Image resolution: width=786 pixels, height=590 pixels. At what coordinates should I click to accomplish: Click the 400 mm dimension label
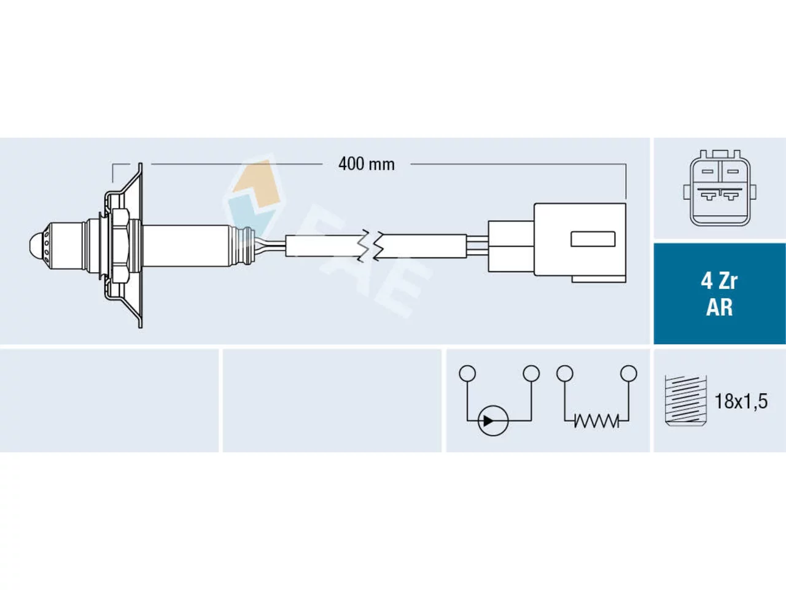(367, 165)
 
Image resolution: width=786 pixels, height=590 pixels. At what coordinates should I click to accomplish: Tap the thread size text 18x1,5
(741, 401)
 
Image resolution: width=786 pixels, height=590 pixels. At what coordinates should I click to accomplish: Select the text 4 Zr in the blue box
(720, 281)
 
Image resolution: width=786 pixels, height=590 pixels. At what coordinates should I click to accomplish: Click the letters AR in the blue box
(720, 307)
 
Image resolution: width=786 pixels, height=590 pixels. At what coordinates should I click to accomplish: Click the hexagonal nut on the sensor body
(120, 246)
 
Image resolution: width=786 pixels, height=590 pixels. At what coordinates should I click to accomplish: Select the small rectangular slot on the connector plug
(593, 239)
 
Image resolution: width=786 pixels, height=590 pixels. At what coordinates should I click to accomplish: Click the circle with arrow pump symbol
(493, 420)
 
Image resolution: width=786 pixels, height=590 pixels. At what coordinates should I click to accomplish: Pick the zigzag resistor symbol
(596, 420)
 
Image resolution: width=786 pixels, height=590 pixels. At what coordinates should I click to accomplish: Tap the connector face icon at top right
(720, 188)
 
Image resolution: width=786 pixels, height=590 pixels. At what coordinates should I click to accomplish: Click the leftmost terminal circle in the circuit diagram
(467, 373)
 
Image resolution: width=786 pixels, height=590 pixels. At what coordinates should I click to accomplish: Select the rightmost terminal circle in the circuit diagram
(628, 373)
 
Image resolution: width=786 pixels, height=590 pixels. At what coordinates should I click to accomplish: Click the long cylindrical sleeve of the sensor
(186, 246)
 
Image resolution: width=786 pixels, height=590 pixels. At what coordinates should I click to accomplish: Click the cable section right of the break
(422, 246)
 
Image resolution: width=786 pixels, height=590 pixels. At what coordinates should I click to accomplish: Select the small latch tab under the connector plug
(598, 278)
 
